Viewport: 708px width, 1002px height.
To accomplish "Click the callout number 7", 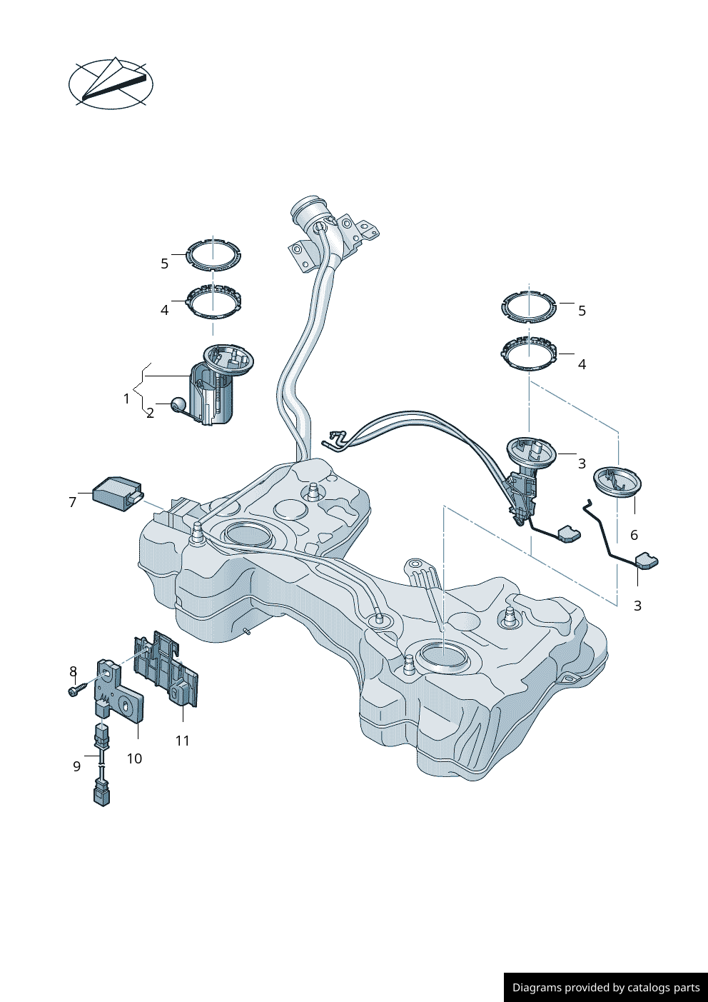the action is (73, 502).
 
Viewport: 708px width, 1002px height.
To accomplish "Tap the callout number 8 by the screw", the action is (73, 671).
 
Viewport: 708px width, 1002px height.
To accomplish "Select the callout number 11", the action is (183, 741).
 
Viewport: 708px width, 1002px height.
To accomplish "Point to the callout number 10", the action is (134, 758).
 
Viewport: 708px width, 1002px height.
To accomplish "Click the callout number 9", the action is (77, 767).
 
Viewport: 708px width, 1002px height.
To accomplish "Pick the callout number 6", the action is (634, 534).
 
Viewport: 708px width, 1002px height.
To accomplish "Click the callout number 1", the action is (126, 399).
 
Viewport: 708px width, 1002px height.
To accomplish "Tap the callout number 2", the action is (150, 413).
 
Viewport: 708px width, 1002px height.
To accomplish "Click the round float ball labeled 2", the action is (178, 404).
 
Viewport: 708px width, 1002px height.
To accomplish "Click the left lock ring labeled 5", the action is (213, 255).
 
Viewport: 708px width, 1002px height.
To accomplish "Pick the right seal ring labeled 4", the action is (529, 354).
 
